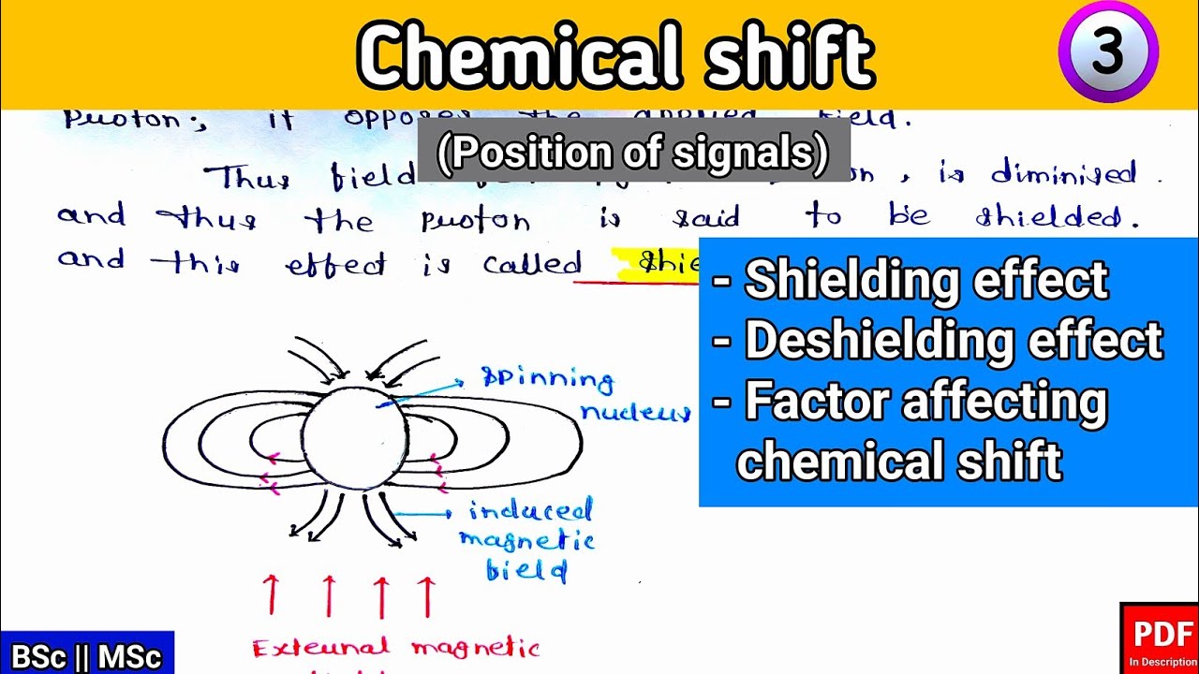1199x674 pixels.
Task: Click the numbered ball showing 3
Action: click(1108, 51)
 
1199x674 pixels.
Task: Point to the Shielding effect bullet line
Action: click(913, 280)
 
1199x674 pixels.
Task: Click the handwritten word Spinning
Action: click(547, 379)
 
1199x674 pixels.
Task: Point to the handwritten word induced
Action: click(530, 510)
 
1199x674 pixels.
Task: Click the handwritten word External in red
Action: click(320, 648)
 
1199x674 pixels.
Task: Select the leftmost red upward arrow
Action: click(272, 595)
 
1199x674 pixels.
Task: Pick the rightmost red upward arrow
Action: click(426, 595)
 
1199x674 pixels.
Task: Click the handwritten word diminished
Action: click(1064, 174)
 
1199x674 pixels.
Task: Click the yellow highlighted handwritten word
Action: click(656, 263)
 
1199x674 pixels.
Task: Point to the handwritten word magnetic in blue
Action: click(526, 540)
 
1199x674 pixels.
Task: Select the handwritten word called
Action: click(532, 264)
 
